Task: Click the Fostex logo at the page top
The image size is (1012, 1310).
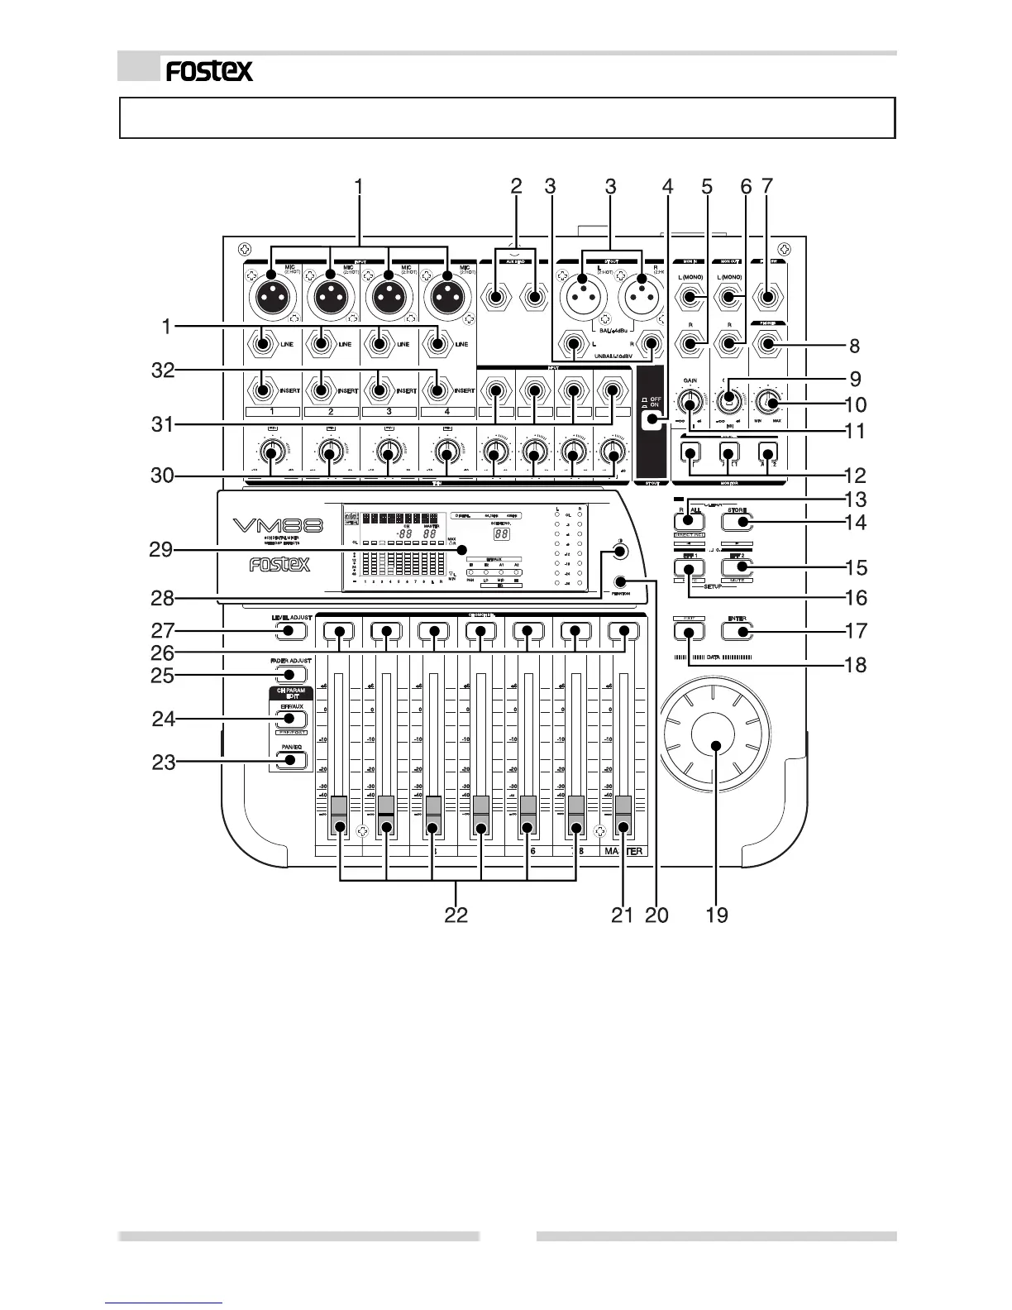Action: (209, 71)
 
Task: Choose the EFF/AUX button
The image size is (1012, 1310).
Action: (286, 719)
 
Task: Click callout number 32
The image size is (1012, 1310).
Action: (164, 371)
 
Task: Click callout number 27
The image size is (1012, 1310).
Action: (164, 630)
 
